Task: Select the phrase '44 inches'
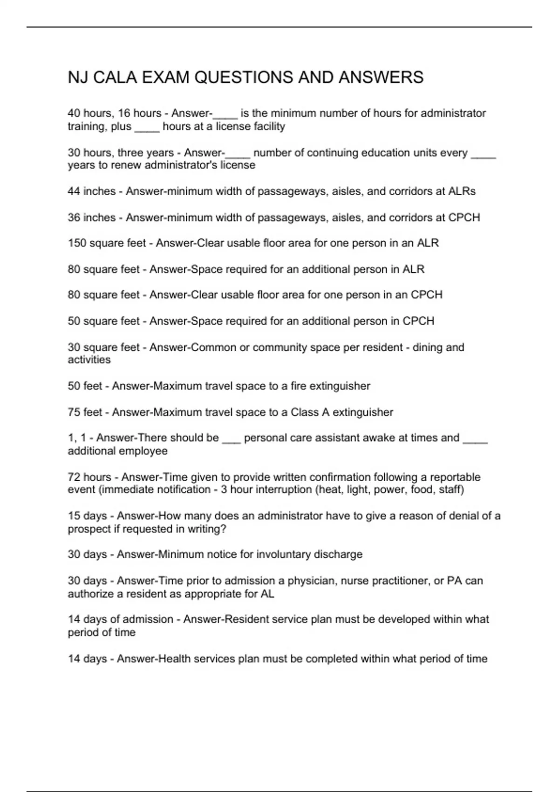(91, 191)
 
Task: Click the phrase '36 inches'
(91, 218)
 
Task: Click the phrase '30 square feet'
(103, 348)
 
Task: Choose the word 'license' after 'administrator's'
(238, 165)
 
